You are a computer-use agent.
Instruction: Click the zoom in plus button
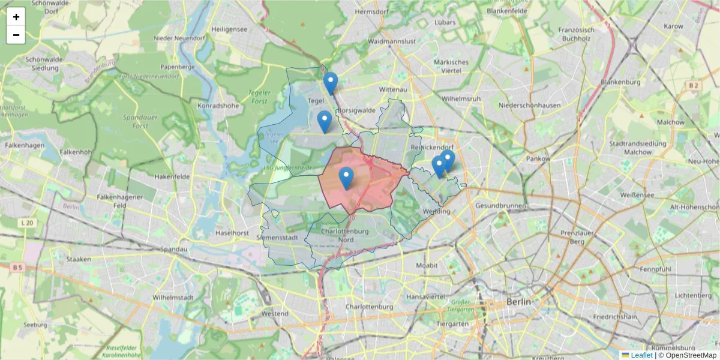point(16,17)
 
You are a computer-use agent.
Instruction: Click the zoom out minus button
point(16,35)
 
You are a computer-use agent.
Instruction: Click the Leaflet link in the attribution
point(641,355)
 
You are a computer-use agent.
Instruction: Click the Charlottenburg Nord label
point(346,235)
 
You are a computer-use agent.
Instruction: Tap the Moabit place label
point(427,265)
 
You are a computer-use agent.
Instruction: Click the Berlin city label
point(518,301)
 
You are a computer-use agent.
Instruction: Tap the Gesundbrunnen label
point(500,206)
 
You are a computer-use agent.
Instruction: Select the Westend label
point(275,313)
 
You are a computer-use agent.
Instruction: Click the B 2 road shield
point(694,86)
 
